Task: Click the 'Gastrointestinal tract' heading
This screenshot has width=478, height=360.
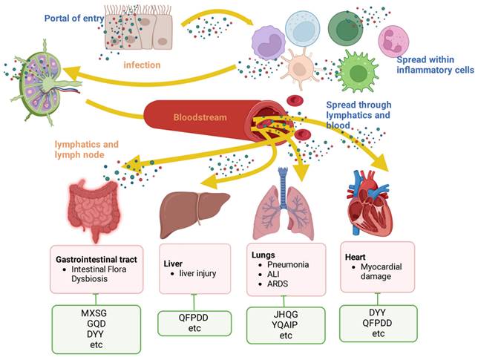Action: [99, 261]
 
